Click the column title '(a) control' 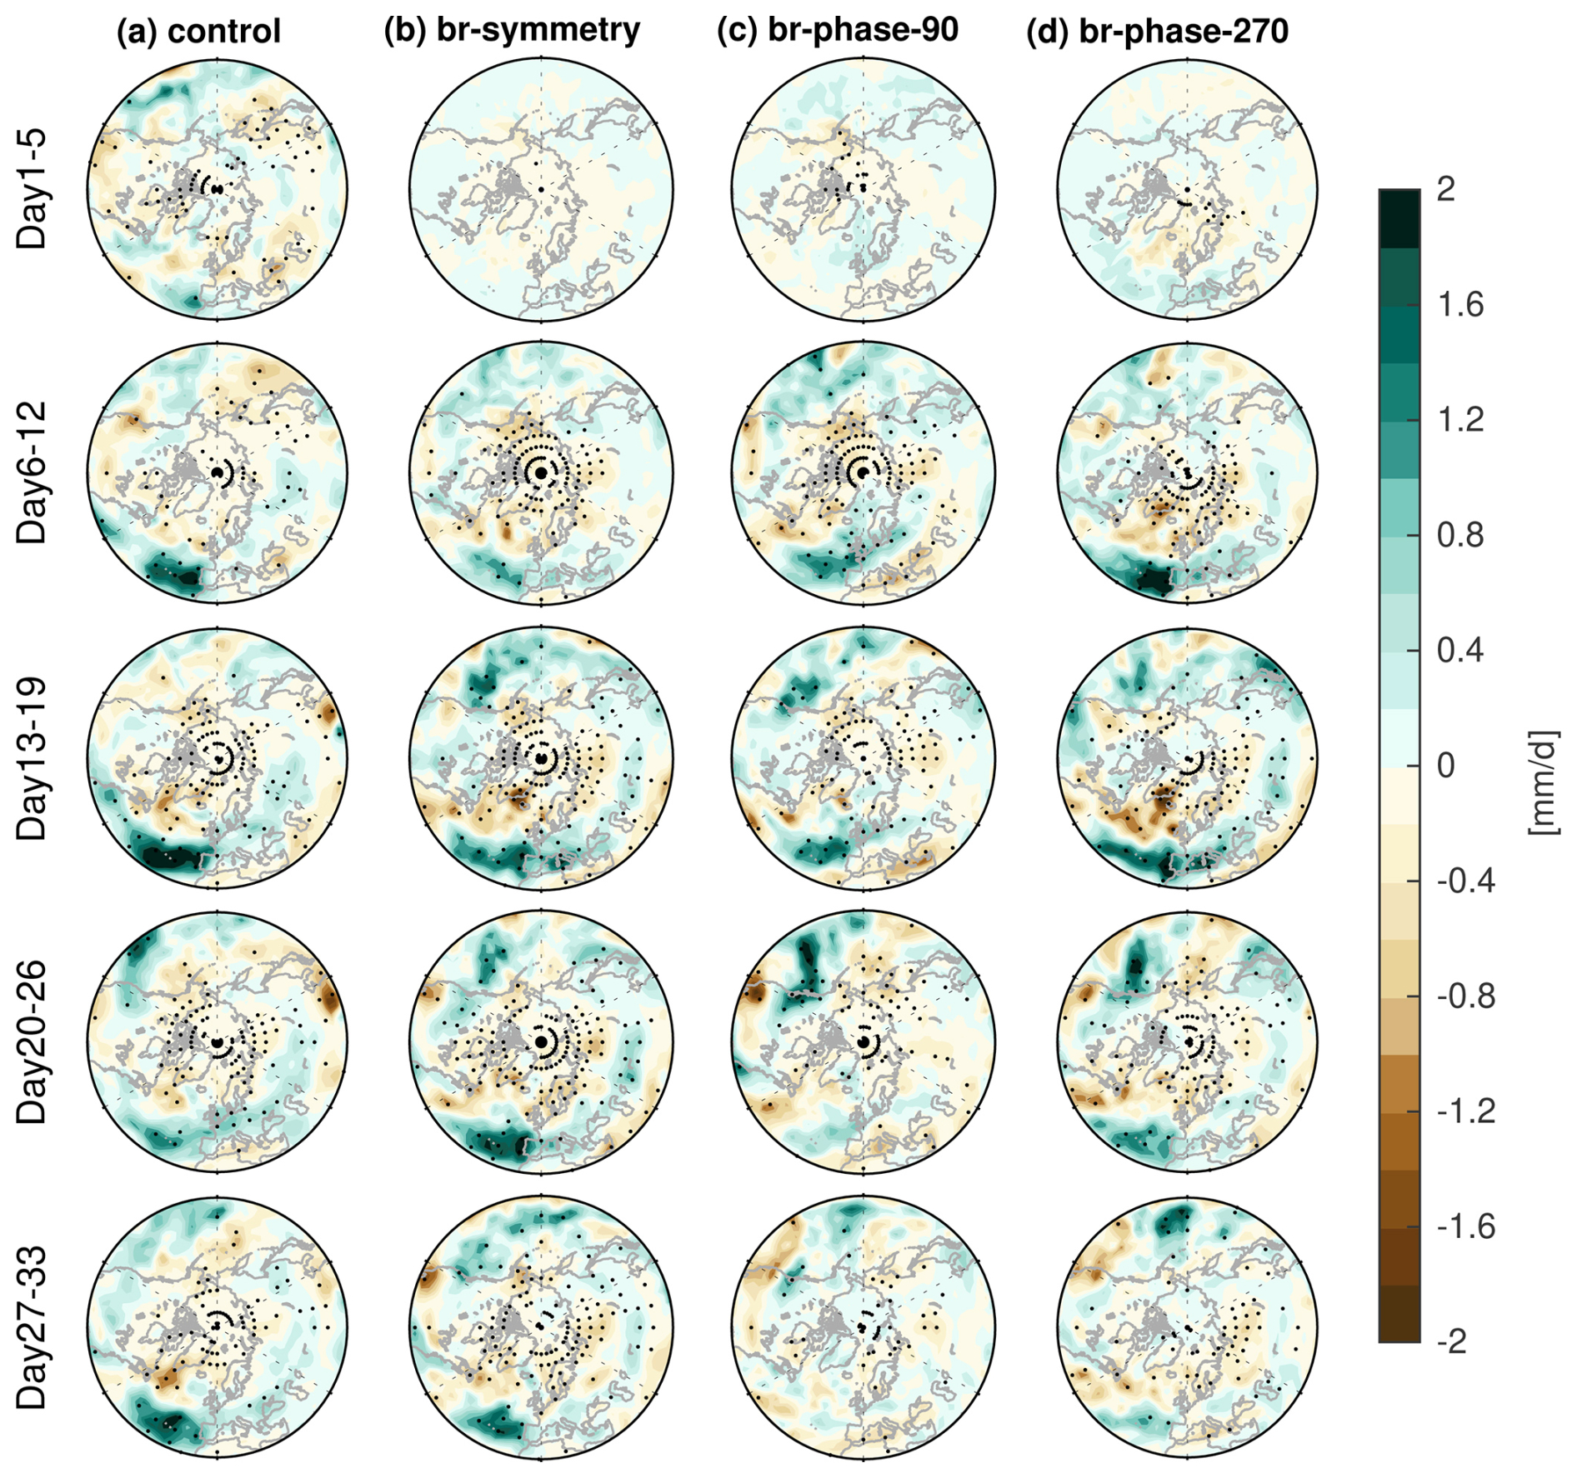pos(198,32)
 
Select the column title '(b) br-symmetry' pos(512,30)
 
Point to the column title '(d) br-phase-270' pos(1157,32)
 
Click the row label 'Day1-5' pos(32,189)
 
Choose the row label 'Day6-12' pos(32,472)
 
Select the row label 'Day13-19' pos(32,758)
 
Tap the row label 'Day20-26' pos(32,1041)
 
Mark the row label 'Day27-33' pos(32,1327)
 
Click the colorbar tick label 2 pos(1446,190)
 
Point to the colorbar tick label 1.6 pos(1460,305)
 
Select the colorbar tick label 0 pos(1446,765)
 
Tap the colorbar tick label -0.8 pos(1465,996)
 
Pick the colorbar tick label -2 pos(1452,1341)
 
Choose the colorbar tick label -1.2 pos(1465,1111)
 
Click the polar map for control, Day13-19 pos(218,758)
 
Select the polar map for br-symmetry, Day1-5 pos(541,189)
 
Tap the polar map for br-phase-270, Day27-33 pos(1187,1327)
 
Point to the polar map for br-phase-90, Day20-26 pos(864,1041)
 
